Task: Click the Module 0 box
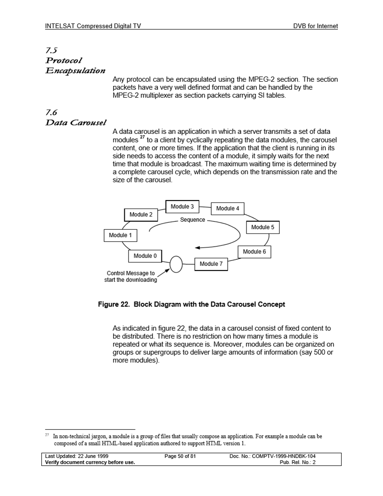145,256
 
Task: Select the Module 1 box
120,235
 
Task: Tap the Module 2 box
141,215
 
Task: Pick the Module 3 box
182,207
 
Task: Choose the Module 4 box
228,209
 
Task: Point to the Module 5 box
263,227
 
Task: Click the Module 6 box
254,252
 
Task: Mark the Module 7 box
211,264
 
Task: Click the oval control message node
176,264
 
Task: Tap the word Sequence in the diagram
192,220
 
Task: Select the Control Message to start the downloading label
130,277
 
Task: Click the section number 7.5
52,51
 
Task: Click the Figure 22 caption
191,304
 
